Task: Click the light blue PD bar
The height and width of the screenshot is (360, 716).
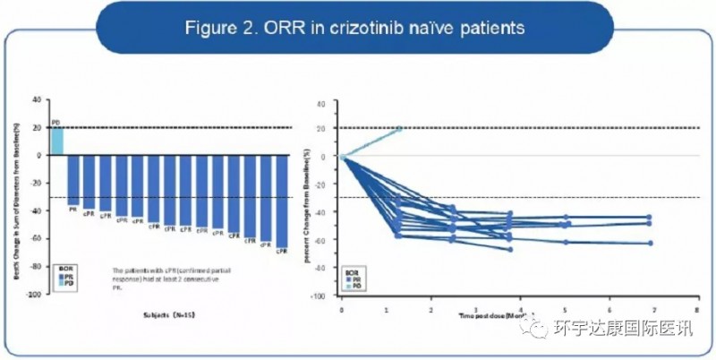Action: coord(56,141)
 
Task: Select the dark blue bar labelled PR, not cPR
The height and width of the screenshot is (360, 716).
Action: coord(73,179)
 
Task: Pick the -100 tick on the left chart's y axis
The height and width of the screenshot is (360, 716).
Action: coord(34,295)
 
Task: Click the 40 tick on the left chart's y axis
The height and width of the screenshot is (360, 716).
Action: coord(37,99)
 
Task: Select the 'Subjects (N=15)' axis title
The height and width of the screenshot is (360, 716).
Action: coord(170,315)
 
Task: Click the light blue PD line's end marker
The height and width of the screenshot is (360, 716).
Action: coord(399,128)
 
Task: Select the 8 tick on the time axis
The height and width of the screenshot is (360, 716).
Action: coord(697,307)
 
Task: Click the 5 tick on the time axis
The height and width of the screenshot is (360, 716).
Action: coord(564,307)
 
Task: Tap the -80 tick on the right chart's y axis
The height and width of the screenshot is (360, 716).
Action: coord(331,267)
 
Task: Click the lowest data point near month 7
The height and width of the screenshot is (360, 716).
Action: coord(650,243)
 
